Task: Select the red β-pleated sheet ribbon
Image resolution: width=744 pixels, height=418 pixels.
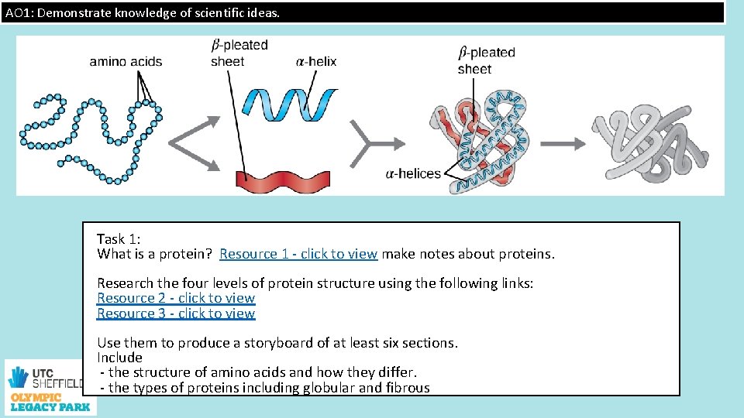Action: [x=283, y=179]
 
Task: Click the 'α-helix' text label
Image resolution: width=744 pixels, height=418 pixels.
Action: [x=316, y=62]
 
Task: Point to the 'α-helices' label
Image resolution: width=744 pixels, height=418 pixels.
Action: [x=412, y=173]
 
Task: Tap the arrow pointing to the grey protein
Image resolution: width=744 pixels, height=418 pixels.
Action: [x=563, y=143]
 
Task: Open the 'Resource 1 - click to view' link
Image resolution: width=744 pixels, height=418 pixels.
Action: [x=298, y=254]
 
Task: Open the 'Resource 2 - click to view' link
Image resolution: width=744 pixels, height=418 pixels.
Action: [x=176, y=298]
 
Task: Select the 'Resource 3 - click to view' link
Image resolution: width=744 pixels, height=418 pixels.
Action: [x=176, y=313]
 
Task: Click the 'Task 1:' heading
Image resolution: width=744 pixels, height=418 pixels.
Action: [x=119, y=239]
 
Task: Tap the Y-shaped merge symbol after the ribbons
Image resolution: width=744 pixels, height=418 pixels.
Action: [x=366, y=143]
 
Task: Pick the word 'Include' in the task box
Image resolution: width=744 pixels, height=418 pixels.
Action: [x=119, y=358]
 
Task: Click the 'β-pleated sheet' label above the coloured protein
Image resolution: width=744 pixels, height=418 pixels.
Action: [x=486, y=60]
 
